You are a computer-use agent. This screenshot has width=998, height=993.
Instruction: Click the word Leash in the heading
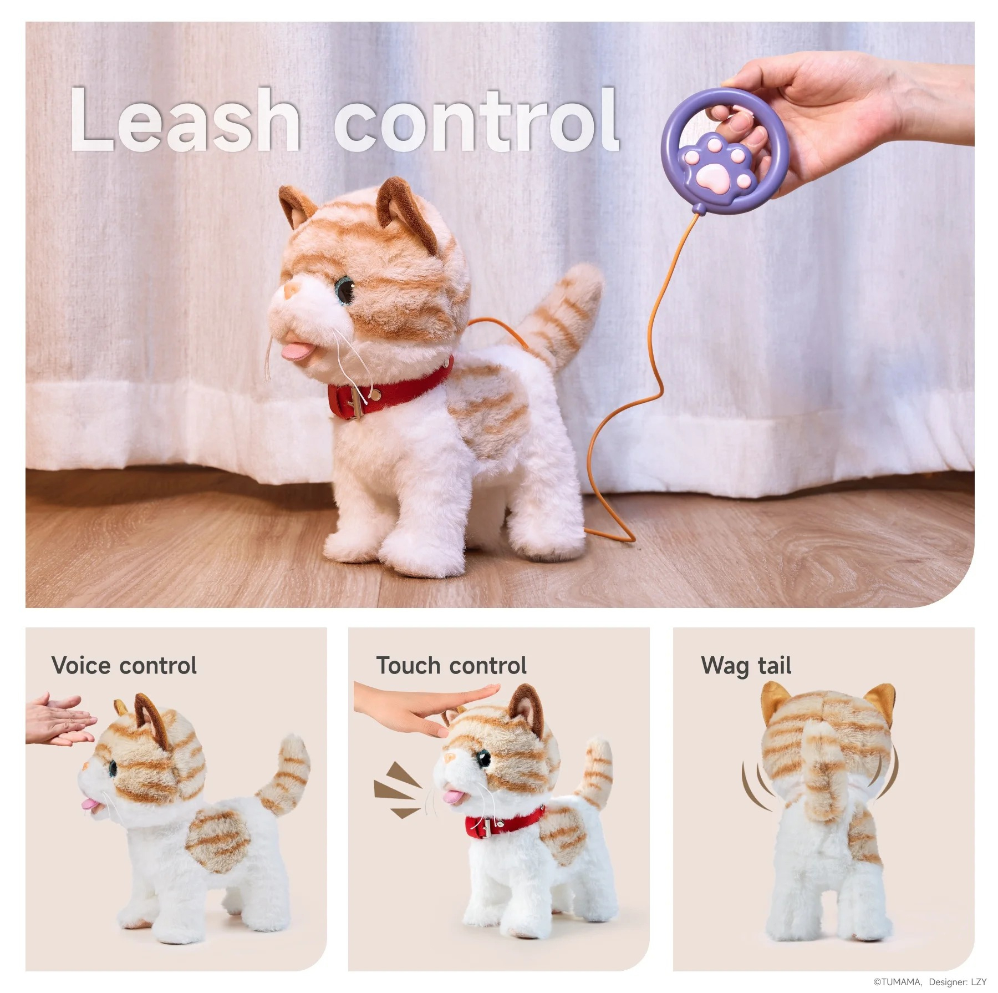[x=185, y=119]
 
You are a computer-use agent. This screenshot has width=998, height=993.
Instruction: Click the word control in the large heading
[x=476, y=119]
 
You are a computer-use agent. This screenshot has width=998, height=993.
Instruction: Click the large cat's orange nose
[x=292, y=288]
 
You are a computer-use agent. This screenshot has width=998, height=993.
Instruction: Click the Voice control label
[x=124, y=665]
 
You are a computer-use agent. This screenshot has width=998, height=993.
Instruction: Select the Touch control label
[x=451, y=665]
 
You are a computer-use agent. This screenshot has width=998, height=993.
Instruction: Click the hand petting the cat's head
[x=421, y=707]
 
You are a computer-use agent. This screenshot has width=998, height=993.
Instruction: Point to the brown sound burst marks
[x=397, y=789]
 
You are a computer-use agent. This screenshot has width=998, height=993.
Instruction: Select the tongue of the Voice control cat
[x=88, y=804]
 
